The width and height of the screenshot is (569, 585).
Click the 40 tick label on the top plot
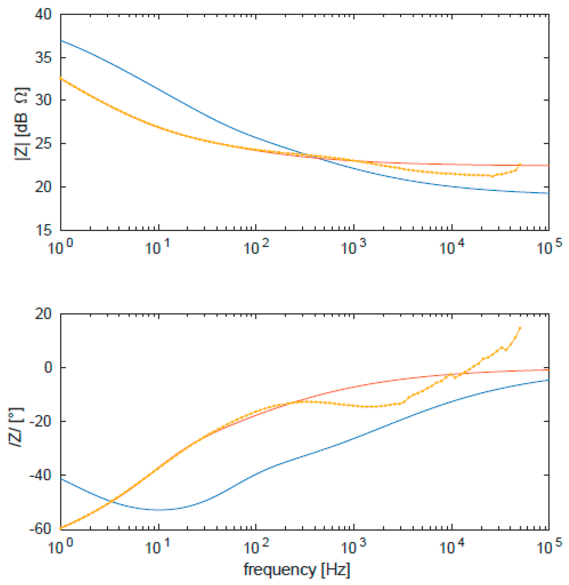tap(43, 14)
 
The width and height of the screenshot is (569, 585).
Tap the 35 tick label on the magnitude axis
tap(43, 58)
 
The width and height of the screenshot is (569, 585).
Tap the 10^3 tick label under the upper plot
tap(353, 248)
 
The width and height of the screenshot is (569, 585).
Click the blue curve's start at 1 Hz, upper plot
tap(61, 40)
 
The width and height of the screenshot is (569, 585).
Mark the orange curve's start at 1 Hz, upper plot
tap(61, 78)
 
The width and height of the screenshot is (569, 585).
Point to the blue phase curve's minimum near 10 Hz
tap(158, 510)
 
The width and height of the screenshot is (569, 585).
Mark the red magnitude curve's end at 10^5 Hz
tap(548, 165)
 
